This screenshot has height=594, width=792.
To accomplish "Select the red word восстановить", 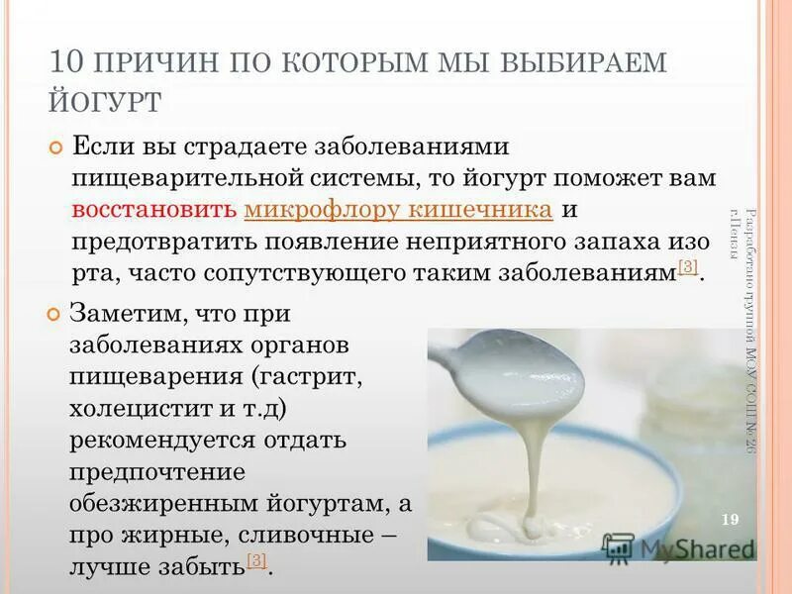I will click(153, 210).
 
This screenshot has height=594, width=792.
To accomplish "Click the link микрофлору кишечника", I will click(397, 210).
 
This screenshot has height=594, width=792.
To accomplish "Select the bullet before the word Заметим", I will click(55, 315).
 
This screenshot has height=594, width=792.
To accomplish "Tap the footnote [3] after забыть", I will click(256, 561).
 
